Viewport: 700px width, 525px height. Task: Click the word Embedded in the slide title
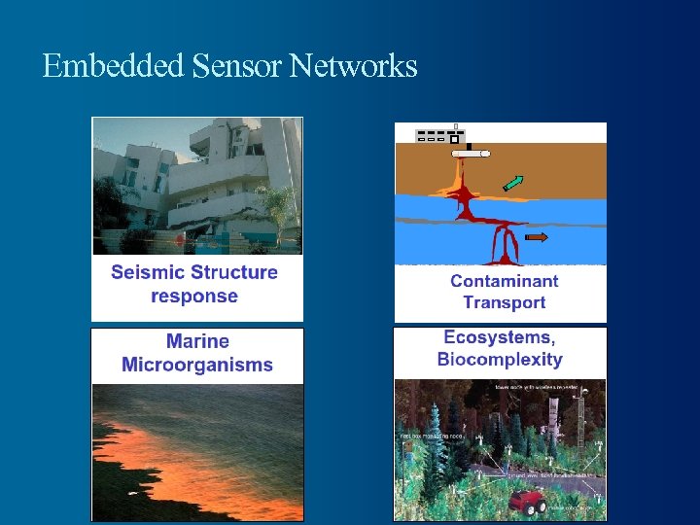click(x=113, y=66)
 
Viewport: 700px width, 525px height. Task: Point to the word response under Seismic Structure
click(x=194, y=296)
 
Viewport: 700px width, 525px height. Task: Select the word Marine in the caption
click(x=197, y=341)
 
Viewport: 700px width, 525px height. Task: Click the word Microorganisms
click(x=197, y=366)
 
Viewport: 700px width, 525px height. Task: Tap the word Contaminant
click(x=504, y=281)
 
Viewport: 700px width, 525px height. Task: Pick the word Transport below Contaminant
click(x=504, y=302)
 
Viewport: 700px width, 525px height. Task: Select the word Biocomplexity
click(x=499, y=360)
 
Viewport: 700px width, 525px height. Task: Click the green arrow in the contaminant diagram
click(x=512, y=183)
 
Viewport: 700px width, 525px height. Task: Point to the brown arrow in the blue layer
click(x=536, y=236)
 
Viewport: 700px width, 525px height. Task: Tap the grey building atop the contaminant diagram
click(x=437, y=136)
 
